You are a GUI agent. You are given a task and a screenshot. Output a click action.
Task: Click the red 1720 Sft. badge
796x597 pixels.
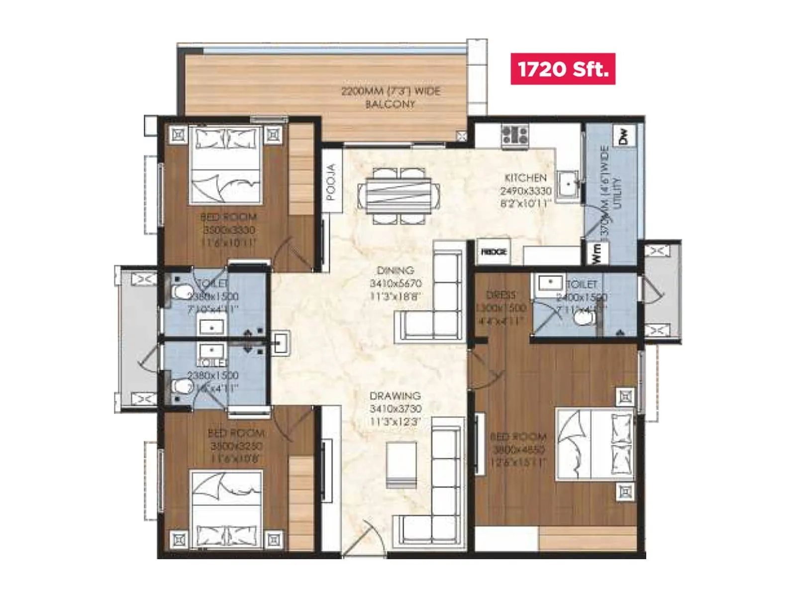(563, 69)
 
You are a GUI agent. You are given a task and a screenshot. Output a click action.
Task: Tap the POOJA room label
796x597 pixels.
(331, 182)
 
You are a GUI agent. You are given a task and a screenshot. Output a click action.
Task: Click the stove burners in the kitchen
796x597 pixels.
(514, 135)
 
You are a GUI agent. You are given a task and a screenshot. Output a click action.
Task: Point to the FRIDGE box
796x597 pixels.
(494, 252)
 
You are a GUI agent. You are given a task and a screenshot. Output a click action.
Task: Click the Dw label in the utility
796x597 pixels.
(623, 135)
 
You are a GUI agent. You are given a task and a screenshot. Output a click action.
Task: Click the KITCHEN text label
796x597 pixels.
(525, 178)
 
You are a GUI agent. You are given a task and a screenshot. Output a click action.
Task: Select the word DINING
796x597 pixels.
(396, 270)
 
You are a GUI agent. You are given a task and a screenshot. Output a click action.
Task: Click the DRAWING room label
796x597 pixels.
(395, 396)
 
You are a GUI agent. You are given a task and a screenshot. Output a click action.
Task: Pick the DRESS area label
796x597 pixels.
(501, 295)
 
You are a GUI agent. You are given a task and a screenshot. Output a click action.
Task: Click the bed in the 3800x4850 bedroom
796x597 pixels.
(595, 444)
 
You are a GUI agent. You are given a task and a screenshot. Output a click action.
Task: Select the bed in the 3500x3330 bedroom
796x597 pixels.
(226, 165)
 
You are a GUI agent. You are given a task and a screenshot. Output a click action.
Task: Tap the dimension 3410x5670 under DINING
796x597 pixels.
(396, 283)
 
